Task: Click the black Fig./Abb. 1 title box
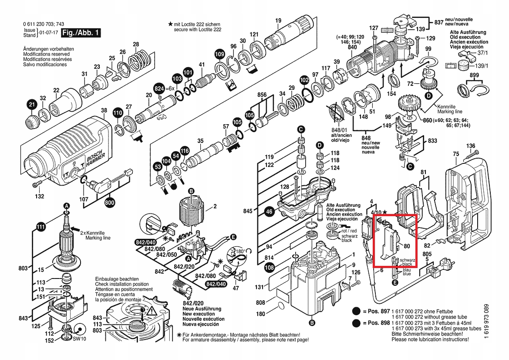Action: pos(81,33)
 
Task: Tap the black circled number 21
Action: pos(32,105)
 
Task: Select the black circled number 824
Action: pos(159,88)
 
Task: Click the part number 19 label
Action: pos(278,20)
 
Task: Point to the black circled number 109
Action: pos(220,54)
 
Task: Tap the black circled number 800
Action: pos(110,203)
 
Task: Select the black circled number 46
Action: pos(269,211)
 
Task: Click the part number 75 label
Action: pos(456,154)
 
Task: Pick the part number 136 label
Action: pos(471,146)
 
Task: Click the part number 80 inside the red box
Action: pos(407,246)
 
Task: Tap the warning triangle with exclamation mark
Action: pos(152,312)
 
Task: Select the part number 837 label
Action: pos(439,22)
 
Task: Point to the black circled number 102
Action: pos(304,80)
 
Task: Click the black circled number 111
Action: pos(40,227)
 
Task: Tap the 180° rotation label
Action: pos(240,251)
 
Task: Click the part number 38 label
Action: pos(104,110)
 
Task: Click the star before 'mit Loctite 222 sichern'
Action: pos(170,24)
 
